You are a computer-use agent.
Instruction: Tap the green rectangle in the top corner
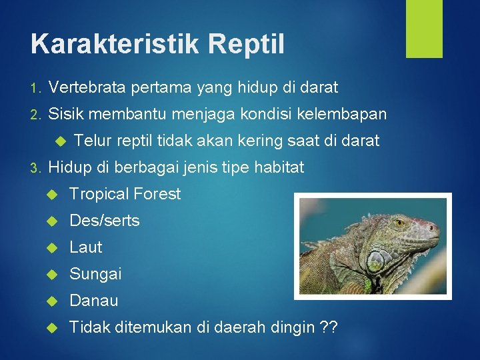(424, 29)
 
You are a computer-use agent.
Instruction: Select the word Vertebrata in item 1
(88, 87)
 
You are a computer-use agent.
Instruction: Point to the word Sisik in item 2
(67, 114)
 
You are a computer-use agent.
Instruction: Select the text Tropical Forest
(125, 194)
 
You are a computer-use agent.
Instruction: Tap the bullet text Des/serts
(105, 221)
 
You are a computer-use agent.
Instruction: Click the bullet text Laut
(86, 247)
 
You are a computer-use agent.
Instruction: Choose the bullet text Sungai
(95, 274)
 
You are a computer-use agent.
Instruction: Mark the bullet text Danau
(94, 301)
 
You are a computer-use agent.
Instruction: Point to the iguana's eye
(400, 224)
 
